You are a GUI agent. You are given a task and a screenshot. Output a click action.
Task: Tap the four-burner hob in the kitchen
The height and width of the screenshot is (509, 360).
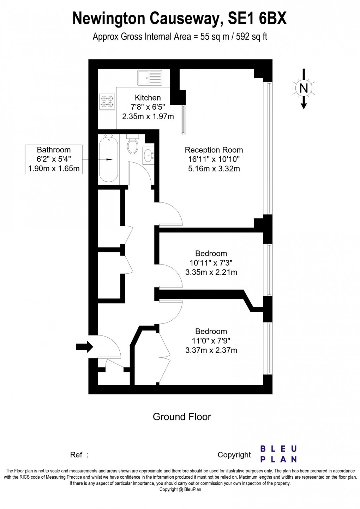(107, 102)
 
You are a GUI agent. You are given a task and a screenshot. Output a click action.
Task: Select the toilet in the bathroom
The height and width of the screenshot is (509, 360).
(133, 145)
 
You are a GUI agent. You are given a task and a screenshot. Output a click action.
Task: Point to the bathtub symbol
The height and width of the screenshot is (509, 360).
(108, 159)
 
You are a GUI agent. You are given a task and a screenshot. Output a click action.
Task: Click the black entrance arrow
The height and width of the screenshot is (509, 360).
(84, 347)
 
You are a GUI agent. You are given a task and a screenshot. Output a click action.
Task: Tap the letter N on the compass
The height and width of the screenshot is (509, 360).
(304, 88)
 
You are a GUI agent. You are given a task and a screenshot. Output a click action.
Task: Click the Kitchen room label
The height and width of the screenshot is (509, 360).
(148, 98)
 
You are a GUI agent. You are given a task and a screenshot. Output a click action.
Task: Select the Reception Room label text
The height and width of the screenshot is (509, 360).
(214, 150)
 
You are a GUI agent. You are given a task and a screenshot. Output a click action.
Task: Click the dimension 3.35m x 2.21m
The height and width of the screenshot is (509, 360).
(211, 272)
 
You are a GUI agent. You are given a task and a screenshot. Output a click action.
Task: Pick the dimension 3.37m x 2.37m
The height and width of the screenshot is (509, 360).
(211, 350)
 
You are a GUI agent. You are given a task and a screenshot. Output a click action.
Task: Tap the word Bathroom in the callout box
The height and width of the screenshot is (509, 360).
(54, 150)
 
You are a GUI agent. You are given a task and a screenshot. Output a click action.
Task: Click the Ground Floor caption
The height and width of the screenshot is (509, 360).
(182, 417)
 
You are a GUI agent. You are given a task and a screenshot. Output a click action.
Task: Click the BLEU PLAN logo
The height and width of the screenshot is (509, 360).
(278, 454)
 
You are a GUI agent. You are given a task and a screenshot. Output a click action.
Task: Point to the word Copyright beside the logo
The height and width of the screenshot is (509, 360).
(234, 455)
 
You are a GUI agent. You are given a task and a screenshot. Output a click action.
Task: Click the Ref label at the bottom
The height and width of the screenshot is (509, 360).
(77, 455)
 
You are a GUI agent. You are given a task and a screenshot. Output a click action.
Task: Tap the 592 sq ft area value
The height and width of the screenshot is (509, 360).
(251, 37)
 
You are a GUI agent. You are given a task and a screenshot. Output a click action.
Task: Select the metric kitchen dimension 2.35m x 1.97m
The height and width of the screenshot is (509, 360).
(148, 116)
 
